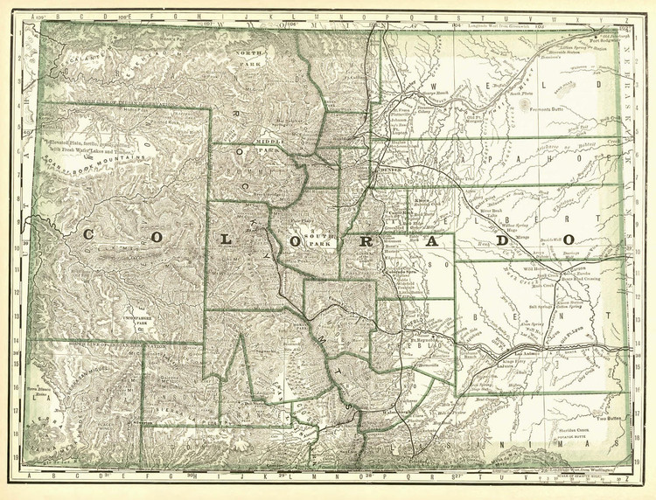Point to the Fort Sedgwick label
[610, 40]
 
